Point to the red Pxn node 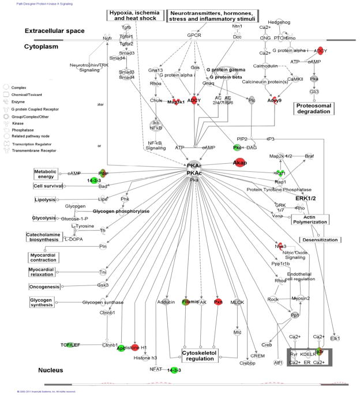tap(218, 302)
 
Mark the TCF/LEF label tap(73, 345)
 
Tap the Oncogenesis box tap(44, 285)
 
